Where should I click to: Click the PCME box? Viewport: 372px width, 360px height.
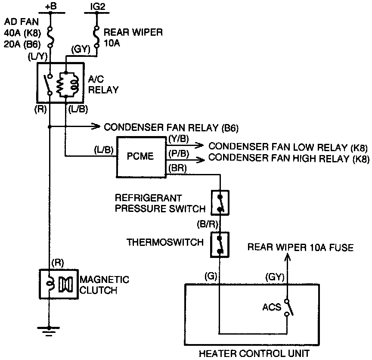140,156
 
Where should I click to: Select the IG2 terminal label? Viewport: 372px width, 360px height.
96,6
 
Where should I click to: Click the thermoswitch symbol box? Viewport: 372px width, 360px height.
220,245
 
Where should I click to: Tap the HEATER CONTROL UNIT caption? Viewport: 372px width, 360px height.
254,354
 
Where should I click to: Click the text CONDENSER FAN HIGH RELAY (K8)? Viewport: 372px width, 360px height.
288,158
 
